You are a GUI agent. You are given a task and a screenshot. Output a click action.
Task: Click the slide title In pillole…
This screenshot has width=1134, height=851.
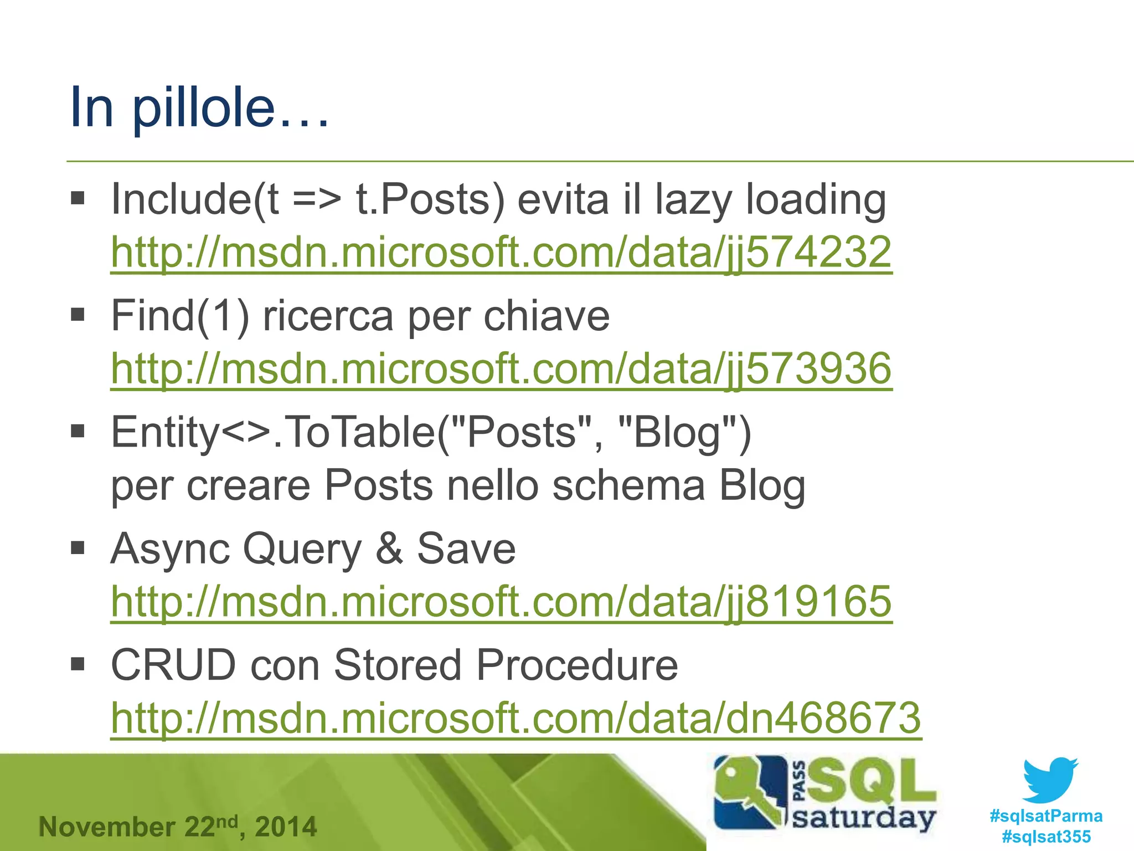pos(199,107)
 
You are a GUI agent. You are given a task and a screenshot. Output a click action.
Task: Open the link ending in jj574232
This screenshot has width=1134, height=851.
pos(501,252)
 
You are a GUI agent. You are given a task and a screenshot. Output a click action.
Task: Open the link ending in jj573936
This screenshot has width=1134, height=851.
pos(501,368)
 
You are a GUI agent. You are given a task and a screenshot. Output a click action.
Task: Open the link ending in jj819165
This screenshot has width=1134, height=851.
pos(501,602)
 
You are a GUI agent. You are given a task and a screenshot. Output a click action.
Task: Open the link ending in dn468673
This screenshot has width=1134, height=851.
pos(516,718)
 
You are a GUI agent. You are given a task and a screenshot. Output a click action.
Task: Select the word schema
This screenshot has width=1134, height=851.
pos(628,486)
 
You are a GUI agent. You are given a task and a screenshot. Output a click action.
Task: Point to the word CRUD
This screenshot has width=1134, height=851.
pos(173,665)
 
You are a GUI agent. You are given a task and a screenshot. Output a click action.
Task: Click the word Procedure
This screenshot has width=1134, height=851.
pos(576,665)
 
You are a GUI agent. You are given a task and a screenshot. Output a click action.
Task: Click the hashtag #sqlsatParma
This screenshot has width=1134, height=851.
pos(1046,816)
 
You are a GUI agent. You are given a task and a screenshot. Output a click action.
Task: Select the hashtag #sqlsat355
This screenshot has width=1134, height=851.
pos(1046,837)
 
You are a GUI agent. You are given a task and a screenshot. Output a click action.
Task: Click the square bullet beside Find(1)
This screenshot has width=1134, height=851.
pos(78,315)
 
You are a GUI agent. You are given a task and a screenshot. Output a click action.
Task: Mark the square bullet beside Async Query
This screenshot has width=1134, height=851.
pos(78,548)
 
